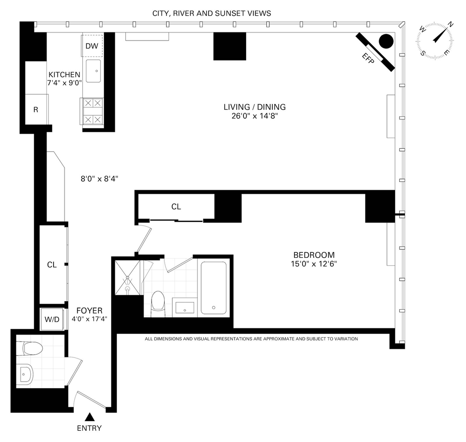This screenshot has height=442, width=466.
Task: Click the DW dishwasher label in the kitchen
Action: [92, 46]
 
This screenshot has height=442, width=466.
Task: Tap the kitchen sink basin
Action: [93, 71]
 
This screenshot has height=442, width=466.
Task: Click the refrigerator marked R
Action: [36, 109]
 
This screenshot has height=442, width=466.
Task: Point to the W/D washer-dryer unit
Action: [52, 319]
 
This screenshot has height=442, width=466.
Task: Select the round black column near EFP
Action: [386, 41]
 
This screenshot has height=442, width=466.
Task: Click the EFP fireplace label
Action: [368, 58]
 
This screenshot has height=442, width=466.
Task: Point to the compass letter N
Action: [450, 24]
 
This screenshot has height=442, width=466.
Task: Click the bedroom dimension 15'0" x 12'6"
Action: [314, 264]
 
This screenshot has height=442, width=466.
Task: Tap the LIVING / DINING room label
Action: [255, 107]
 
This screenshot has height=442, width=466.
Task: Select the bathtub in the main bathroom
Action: [214, 288]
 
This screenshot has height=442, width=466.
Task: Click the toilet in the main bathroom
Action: [158, 304]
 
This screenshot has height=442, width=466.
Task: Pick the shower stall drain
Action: [128, 277]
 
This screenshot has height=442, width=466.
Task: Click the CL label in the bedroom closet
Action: [176, 207]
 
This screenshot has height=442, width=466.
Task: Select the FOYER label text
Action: [89, 311]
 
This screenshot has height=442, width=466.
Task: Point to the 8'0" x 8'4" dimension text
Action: [99, 179]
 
